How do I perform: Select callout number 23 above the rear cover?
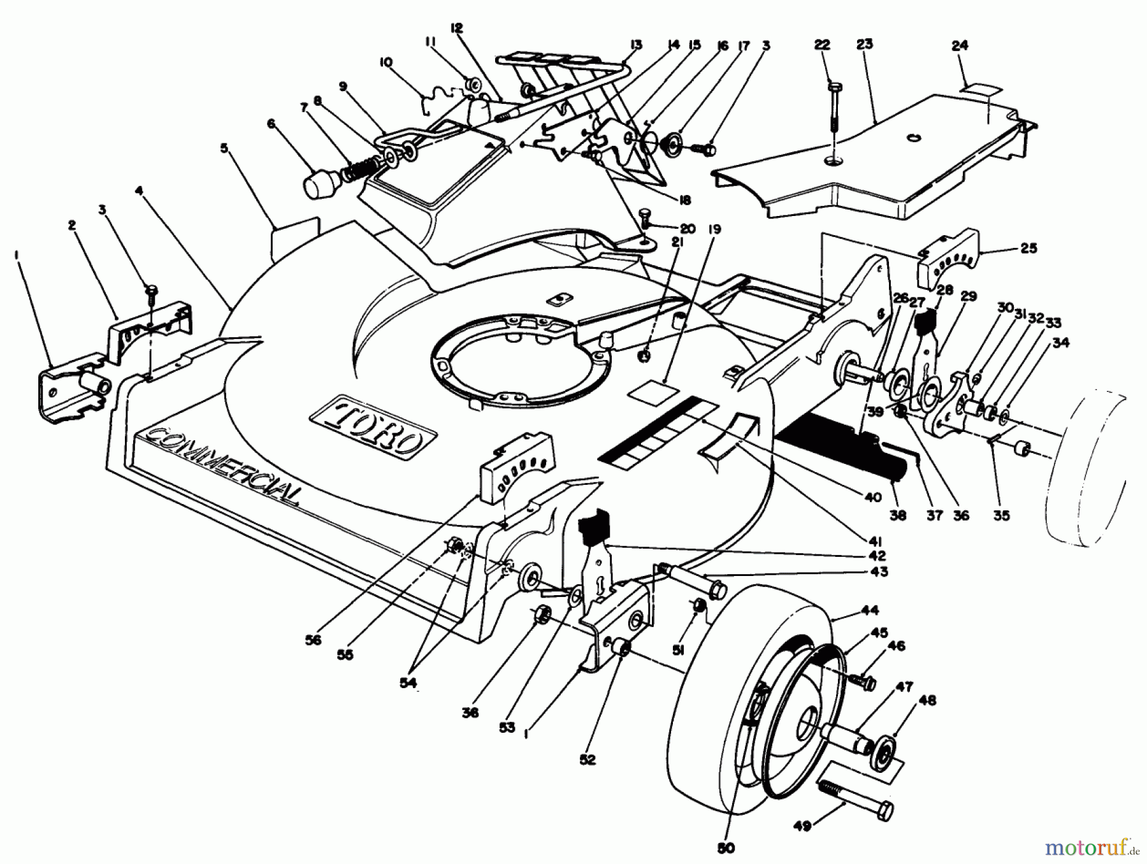(865, 45)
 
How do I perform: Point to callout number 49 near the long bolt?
(802, 826)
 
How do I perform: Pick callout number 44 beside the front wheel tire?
(870, 610)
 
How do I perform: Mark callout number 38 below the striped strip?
(897, 515)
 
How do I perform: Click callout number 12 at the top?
(456, 28)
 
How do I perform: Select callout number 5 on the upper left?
(224, 148)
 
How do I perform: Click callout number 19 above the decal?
(714, 229)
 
